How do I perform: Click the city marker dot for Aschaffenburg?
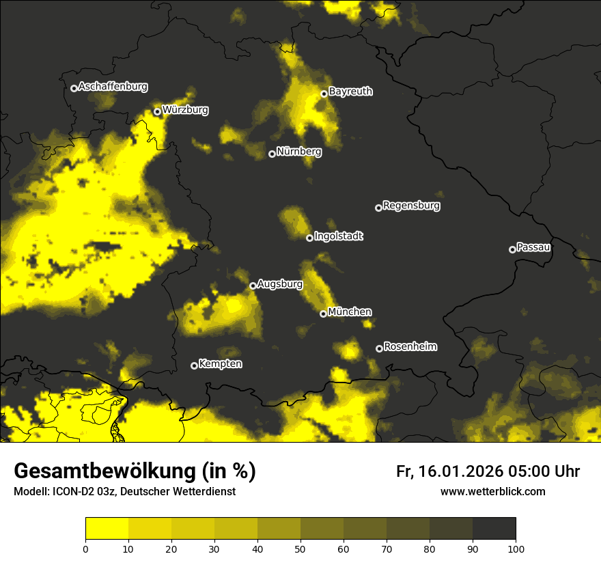pyautogui.click(x=74, y=88)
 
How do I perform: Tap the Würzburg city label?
pyautogui.click(x=185, y=110)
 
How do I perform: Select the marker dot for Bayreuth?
pyautogui.click(x=324, y=94)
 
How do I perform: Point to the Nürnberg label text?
pyautogui.click(x=299, y=152)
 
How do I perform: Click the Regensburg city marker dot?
pyautogui.click(x=378, y=208)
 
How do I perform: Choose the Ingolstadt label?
pyautogui.click(x=339, y=236)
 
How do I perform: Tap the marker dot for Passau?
pyautogui.click(x=512, y=249)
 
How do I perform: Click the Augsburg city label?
pyautogui.click(x=280, y=284)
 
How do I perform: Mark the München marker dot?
pyautogui.click(x=324, y=314)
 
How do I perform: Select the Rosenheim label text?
pyautogui.click(x=410, y=347)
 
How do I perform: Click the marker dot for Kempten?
pyautogui.click(x=194, y=365)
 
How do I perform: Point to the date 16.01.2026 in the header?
pyautogui.click(x=458, y=471)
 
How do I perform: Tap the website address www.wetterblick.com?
pyautogui.click(x=492, y=491)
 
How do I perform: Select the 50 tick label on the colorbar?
pyautogui.click(x=300, y=549)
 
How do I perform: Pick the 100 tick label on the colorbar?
pyautogui.click(x=516, y=549)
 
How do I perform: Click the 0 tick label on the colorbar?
pyautogui.click(x=85, y=549)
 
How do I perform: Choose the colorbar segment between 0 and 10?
pyautogui.click(x=107, y=529)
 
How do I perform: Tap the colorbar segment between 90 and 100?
pyautogui.click(x=494, y=529)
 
